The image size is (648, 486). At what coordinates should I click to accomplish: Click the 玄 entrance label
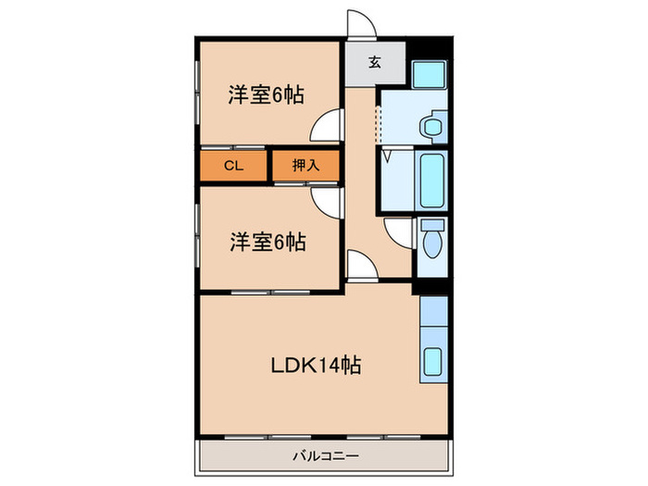pyautogui.click(x=375, y=63)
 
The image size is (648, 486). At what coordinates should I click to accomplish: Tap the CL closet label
pyautogui.click(x=232, y=166)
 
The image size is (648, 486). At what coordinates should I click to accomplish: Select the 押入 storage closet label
pyautogui.click(x=305, y=166)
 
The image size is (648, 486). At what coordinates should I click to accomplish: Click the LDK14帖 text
pyautogui.click(x=315, y=365)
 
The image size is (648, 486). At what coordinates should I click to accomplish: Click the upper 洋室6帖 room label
pyautogui.click(x=268, y=94)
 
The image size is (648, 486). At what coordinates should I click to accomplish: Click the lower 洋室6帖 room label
pyautogui.click(x=268, y=243)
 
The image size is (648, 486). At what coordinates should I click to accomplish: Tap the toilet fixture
pyautogui.click(x=431, y=243)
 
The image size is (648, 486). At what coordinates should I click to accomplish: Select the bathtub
pyautogui.click(x=431, y=180)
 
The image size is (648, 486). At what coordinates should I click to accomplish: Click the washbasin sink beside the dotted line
pyautogui.click(x=430, y=127)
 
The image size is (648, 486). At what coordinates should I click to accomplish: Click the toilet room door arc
pyautogui.click(x=399, y=233)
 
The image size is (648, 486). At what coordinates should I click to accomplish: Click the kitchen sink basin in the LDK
pyautogui.click(x=432, y=361)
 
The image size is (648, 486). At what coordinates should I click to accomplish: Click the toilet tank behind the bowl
pyautogui.click(x=431, y=225)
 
